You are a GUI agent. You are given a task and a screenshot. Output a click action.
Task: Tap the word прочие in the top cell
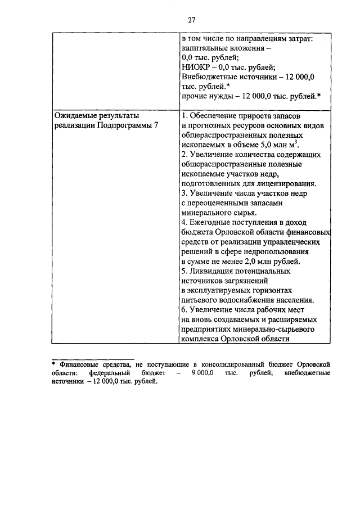pyautogui.click(x=195, y=96)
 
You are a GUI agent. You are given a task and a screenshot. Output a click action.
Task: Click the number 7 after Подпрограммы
pyautogui.click(x=156, y=125)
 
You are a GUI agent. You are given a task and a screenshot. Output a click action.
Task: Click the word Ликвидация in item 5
pyautogui.click(x=214, y=271)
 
